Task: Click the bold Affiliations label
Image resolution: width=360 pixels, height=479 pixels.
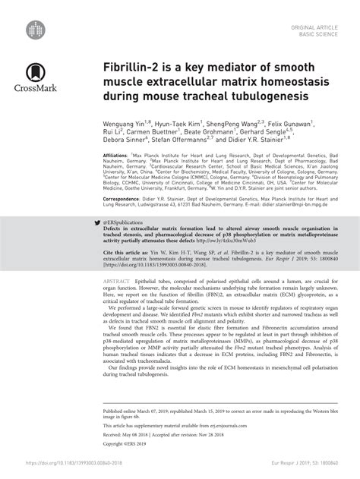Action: click(x=117, y=155)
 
